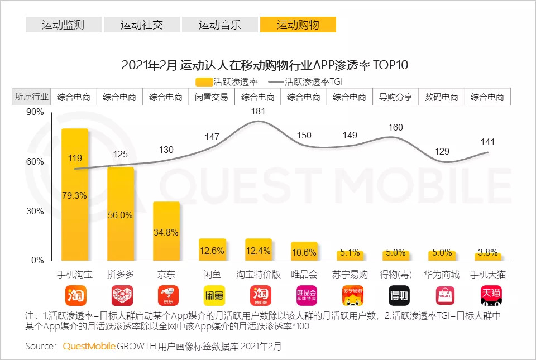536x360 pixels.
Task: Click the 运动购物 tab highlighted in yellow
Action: [x=298, y=25]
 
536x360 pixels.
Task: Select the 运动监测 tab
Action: [x=63, y=25]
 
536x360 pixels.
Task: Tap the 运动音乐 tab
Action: [x=219, y=25]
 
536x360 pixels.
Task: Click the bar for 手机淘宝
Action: [x=75, y=195]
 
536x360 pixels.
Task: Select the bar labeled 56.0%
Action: [x=121, y=214]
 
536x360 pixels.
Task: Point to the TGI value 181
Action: [x=258, y=112]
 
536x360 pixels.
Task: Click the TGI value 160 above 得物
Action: [x=395, y=128]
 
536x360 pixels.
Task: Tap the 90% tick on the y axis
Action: [x=35, y=112]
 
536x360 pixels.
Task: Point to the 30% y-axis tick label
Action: [x=35, y=212]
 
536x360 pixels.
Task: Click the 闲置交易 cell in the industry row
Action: [x=212, y=97]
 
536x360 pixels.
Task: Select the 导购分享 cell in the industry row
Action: [x=396, y=97]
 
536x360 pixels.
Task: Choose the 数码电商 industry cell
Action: [x=442, y=97]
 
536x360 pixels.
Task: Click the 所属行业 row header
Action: [x=32, y=97]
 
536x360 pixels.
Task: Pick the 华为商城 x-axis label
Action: [x=442, y=275]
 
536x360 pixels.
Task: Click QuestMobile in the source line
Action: [x=89, y=346]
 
